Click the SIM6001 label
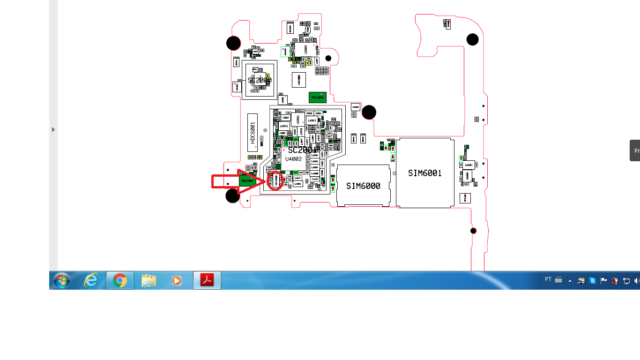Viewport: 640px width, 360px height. tap(424, 173)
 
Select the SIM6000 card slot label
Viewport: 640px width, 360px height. tap(363, 186)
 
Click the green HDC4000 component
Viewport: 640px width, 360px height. tap(317, 97)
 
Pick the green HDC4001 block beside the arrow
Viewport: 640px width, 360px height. tap(247, 180)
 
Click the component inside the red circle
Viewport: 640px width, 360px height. tap(276, 180)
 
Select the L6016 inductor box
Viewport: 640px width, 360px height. tap(284, 126)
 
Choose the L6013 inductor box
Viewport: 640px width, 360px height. tap(312, 120)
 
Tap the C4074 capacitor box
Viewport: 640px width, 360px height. tap(297, 178)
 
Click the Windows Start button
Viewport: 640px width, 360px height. tap(61, 280)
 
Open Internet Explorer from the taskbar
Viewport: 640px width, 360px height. tap(91, 280)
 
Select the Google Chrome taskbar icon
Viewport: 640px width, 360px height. tap(120, 280)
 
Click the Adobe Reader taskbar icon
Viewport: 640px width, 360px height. tap(207, 280)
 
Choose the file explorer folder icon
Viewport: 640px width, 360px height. tap(149, 280)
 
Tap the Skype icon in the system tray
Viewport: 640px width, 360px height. tap(593, 281)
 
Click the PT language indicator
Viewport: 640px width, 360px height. tap(548, 279)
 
